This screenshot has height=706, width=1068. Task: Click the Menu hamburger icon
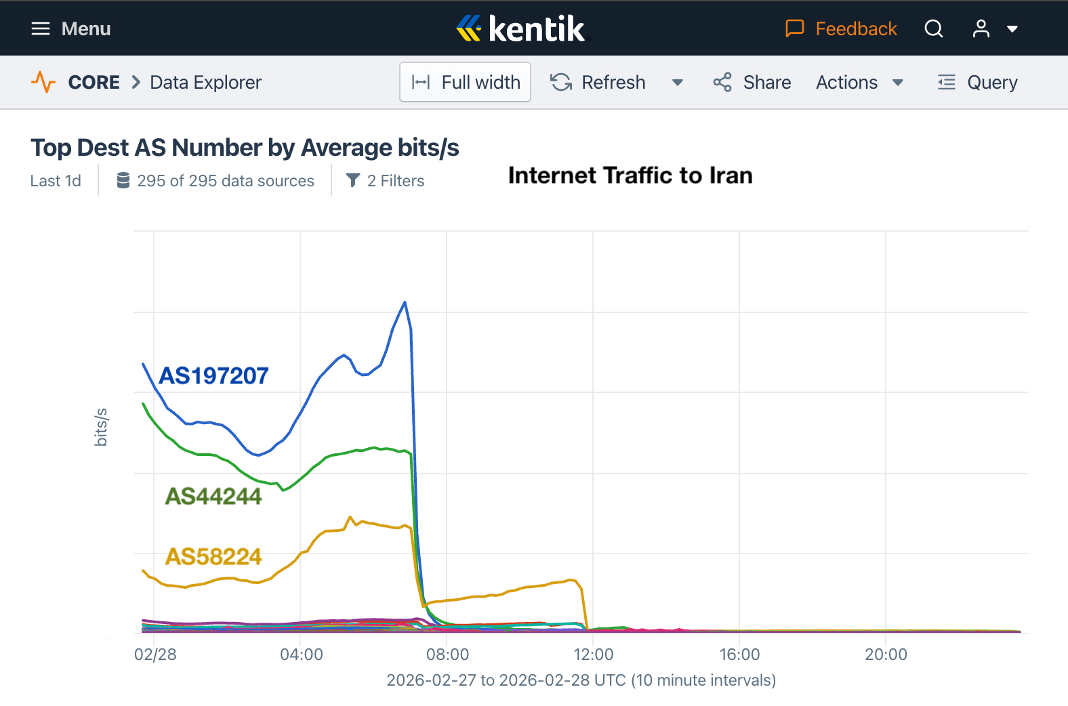point(41,28)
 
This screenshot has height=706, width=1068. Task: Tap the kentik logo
point(520,28)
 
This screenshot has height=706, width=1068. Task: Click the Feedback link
point(841,28)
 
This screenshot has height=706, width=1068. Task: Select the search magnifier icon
point(934,28)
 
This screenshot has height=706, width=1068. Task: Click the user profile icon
point(981,28)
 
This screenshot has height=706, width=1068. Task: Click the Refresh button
point(598,82)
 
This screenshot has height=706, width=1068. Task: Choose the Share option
point(752,82)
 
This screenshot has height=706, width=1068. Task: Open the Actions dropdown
point(859,82)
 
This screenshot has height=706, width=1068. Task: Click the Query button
point(978,82)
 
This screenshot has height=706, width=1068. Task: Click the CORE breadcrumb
point(94,82)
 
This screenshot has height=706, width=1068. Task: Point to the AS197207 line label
point(213,375)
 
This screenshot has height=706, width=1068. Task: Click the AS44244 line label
point(213,496)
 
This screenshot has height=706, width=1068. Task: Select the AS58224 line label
point(213,556)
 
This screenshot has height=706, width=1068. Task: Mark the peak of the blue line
point(405,302)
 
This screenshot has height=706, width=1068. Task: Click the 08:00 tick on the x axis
point(447,655)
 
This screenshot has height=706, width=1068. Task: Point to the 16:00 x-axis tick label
point(739,655)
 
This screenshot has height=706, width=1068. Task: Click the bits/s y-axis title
point(101,427)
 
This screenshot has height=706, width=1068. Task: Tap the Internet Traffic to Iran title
point(630,175)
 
